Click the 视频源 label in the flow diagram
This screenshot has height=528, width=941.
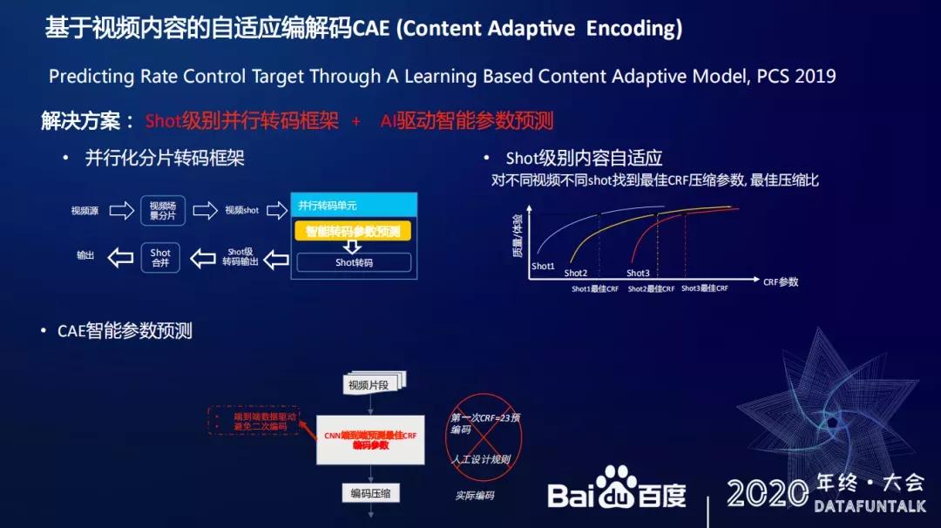tap(85, 210)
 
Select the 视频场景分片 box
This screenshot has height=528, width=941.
tap(162, 211)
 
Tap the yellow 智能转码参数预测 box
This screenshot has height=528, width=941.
tap(353, 232)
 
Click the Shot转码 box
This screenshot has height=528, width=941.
tap(354, 262)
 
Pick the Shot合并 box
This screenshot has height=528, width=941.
tap(160, 258)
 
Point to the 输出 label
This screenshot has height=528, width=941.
tap(85, 256)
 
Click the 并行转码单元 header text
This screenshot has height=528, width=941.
tap(328, 206)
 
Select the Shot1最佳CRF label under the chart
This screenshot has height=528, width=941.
tap(595, 288)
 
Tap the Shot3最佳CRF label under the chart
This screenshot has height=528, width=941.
tap(704, 288)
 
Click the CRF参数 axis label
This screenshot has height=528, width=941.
tap(781, 282)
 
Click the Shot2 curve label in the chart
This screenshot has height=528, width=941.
tap(576, 273)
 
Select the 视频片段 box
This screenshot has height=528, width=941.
tap(371, 384)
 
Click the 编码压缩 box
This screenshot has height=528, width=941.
tap(370, 493)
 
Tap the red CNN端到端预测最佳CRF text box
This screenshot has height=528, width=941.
tap(370, 440)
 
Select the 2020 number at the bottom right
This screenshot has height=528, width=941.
tap(767, 493)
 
